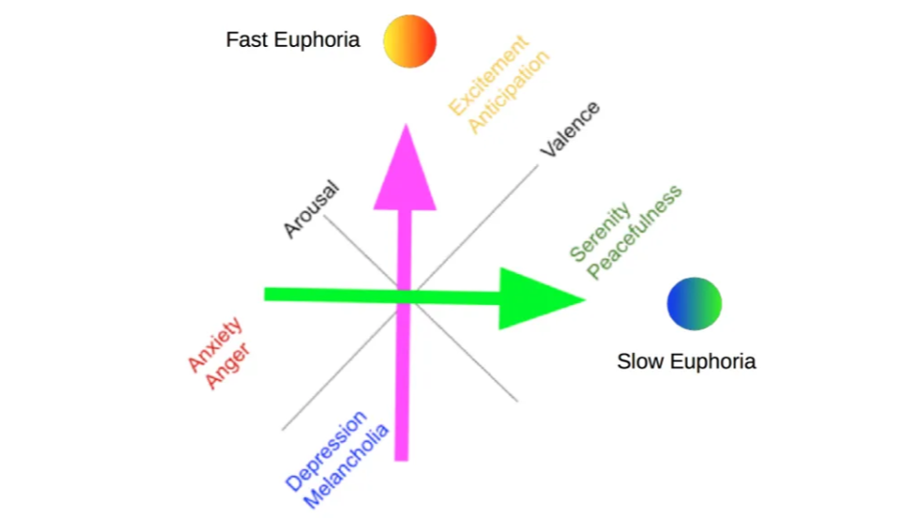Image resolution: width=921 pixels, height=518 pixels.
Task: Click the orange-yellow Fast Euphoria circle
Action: (410, 41)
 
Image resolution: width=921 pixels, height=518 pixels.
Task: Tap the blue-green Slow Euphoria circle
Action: (694, 304)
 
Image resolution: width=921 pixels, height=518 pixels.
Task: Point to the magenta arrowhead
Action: (406, 169)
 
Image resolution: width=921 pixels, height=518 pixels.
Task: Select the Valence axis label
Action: (570, 129)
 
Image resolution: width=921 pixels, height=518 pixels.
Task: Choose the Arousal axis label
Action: (311, 208)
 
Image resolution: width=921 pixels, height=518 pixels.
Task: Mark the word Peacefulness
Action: (634, 233)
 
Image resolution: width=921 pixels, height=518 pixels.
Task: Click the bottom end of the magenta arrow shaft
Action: (401, 455)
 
